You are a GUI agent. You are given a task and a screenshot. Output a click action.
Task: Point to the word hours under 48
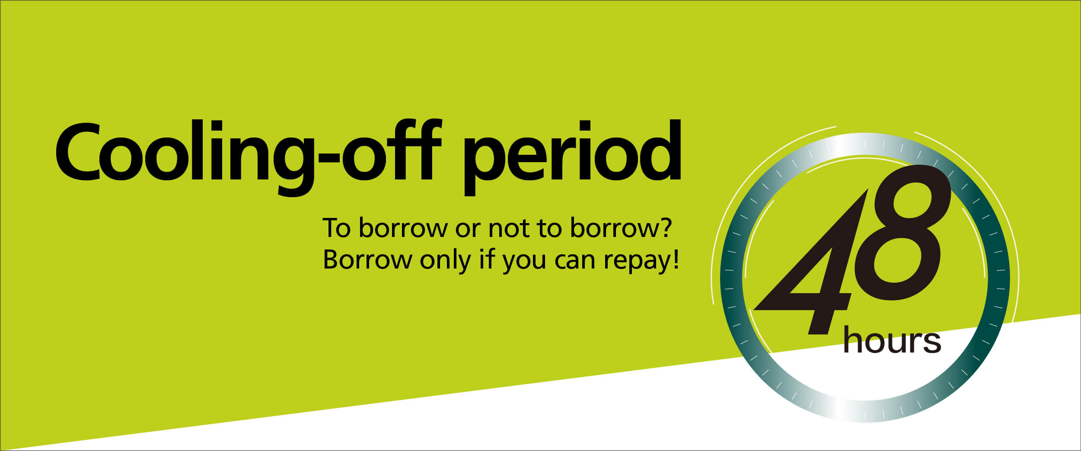[x=892, y=341]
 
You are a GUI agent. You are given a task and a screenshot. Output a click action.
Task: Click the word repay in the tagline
[x=637, y=262]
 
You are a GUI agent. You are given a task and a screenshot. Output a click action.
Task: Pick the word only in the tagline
[x=445, y=261]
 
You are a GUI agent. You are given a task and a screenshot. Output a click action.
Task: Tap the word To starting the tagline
[x=337, y=227]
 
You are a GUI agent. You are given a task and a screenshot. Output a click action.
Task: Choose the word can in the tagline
[x=574, y=262]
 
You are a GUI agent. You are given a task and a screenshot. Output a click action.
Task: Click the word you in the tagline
[x=524, y=263]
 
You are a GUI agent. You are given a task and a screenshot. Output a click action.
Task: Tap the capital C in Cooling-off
[x=78, y=152]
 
